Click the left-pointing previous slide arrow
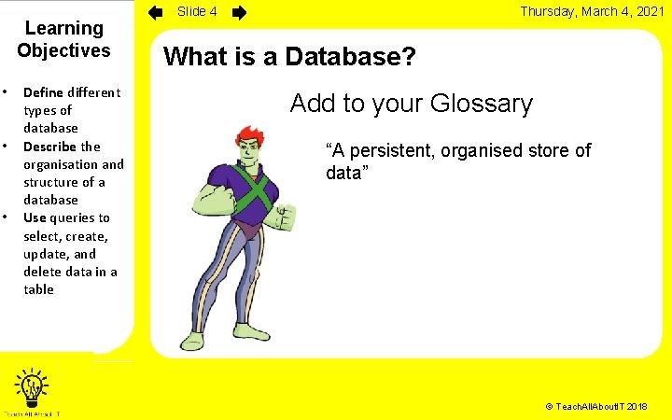(157, 13)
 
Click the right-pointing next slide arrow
(239, 13)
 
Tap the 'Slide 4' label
(197, 12)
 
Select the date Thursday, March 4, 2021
(592, 12)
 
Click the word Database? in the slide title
(351, 56)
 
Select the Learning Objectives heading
(63, 40)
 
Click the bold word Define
(43, 91)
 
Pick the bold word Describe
(49, 147)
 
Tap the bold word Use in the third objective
(35, 217)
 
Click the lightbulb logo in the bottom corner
(33, 385)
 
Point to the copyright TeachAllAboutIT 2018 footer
(595, 408)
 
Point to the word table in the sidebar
(39, 289)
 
